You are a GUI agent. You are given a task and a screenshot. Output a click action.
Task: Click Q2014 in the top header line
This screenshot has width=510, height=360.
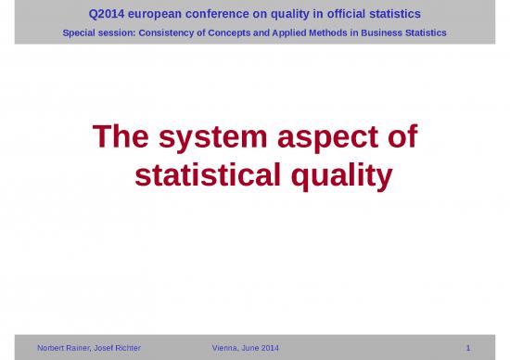(107, 14)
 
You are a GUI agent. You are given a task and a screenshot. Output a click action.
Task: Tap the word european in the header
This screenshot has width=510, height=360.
(157, 14)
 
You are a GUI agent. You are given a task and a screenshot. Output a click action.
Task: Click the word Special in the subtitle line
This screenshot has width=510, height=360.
(80, 32)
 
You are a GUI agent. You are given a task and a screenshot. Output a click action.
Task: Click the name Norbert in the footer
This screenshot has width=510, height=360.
(54, 348)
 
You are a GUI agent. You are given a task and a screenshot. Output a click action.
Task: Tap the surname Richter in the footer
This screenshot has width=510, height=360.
(123, 348)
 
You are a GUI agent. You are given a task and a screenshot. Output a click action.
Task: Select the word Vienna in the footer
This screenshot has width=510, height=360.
(228, 348)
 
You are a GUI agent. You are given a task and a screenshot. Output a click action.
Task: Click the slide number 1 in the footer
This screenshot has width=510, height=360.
(469, 348)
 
